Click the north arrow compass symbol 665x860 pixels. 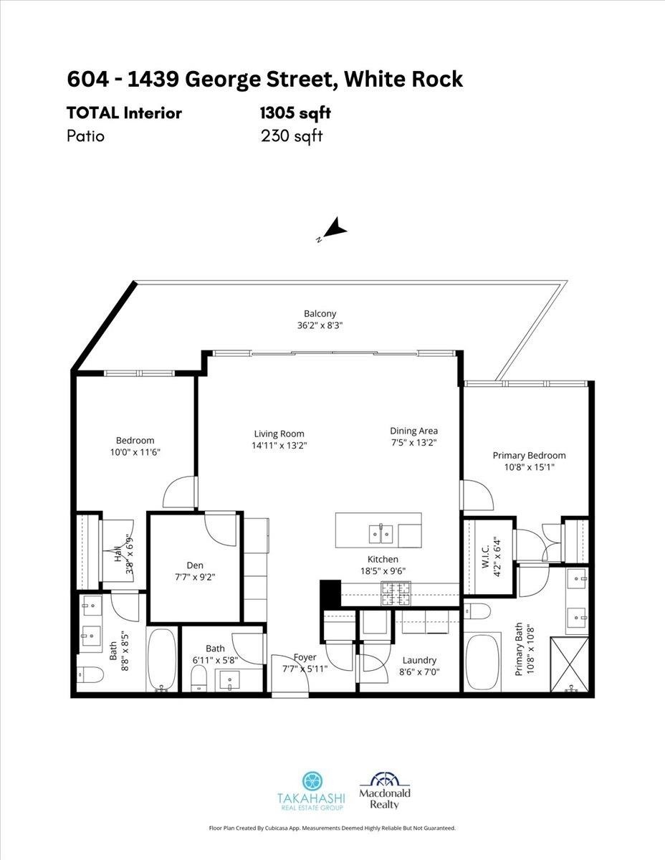333,231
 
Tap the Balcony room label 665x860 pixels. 320,314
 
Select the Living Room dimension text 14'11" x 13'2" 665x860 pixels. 279,445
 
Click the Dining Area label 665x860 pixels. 413,431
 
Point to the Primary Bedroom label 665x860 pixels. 529,455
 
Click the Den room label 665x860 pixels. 193,565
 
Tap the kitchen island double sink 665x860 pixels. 380,533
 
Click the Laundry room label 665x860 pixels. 419,660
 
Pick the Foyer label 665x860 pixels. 305,657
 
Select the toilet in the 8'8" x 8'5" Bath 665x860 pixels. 90,674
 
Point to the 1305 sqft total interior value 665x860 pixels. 295,113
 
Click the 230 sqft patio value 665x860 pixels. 292,135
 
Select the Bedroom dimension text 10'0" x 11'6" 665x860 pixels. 135,452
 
